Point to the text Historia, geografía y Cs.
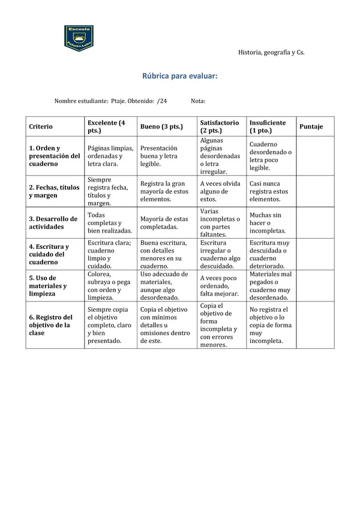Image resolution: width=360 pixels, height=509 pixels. (271, 53)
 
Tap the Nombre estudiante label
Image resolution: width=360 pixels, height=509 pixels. (81, 101)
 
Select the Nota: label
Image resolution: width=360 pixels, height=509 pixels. (198, 101)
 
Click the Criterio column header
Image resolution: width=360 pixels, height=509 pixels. (41, 127)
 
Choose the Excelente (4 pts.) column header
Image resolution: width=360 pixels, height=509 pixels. (106, 127)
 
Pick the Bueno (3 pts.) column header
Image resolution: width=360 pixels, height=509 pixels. (161, 127)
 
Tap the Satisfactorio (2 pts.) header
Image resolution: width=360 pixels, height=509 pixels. (219, 127)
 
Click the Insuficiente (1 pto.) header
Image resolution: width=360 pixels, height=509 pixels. (268, 127)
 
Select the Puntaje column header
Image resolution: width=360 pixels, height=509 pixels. (311, 127)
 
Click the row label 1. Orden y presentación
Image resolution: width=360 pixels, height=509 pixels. (54, 155)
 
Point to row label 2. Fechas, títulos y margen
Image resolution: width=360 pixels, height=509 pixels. (54, 191)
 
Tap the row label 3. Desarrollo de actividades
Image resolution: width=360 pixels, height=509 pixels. (53, 223)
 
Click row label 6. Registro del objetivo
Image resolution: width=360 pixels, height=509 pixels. (50, 325)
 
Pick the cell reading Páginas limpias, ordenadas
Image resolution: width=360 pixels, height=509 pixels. (110, 155)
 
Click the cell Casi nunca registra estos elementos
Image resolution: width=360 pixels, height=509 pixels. (269, 191)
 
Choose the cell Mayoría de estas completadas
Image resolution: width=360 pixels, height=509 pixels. (164, 223)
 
